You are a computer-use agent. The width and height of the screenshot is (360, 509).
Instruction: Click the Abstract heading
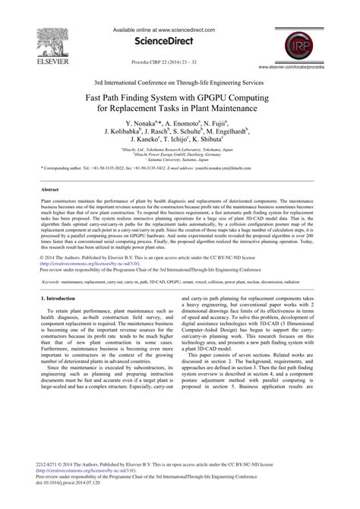49,188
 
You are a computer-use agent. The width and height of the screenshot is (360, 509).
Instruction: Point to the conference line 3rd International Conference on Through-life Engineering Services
179,81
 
